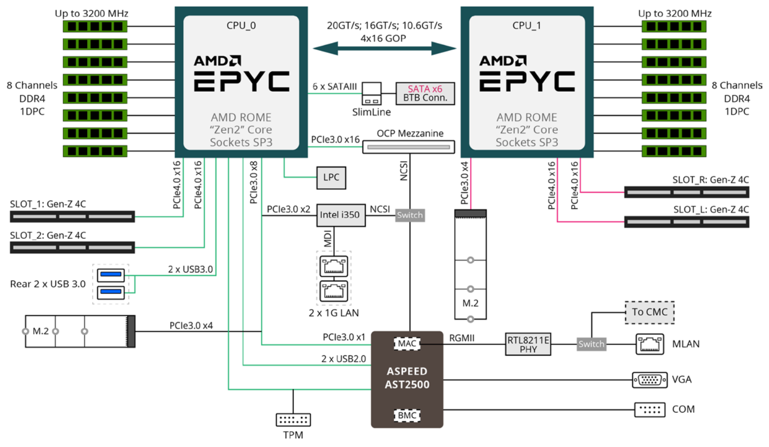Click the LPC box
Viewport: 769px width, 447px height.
[331, 177]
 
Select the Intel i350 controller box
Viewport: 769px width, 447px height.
[340, 215]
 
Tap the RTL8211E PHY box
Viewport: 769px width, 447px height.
[528, 344]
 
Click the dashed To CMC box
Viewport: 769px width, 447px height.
[650, 312]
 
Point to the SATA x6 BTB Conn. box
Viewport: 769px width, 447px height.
[425, 93]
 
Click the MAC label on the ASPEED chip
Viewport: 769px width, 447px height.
[407, 343]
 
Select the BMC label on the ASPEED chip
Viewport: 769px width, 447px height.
[407, 415]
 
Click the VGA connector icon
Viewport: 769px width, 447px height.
[650, 380]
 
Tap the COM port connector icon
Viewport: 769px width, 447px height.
[650, 410]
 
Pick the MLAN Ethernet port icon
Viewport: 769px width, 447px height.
[650, 344]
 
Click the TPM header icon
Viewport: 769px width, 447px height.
[293, 420]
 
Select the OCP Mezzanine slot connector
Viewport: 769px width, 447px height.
[409, 147]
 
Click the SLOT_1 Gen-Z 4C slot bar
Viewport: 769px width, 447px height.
[72, 217]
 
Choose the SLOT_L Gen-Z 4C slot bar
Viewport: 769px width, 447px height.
[686, 222]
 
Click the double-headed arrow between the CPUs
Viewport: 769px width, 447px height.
[384, 49]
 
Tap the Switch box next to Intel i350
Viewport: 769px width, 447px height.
[410, 215]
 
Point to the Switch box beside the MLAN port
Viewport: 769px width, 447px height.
[591, 344]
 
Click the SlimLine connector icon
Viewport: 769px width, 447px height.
[372, 94]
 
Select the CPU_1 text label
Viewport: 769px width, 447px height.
[527, 26]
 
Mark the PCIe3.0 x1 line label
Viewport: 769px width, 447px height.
[343, 337]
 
